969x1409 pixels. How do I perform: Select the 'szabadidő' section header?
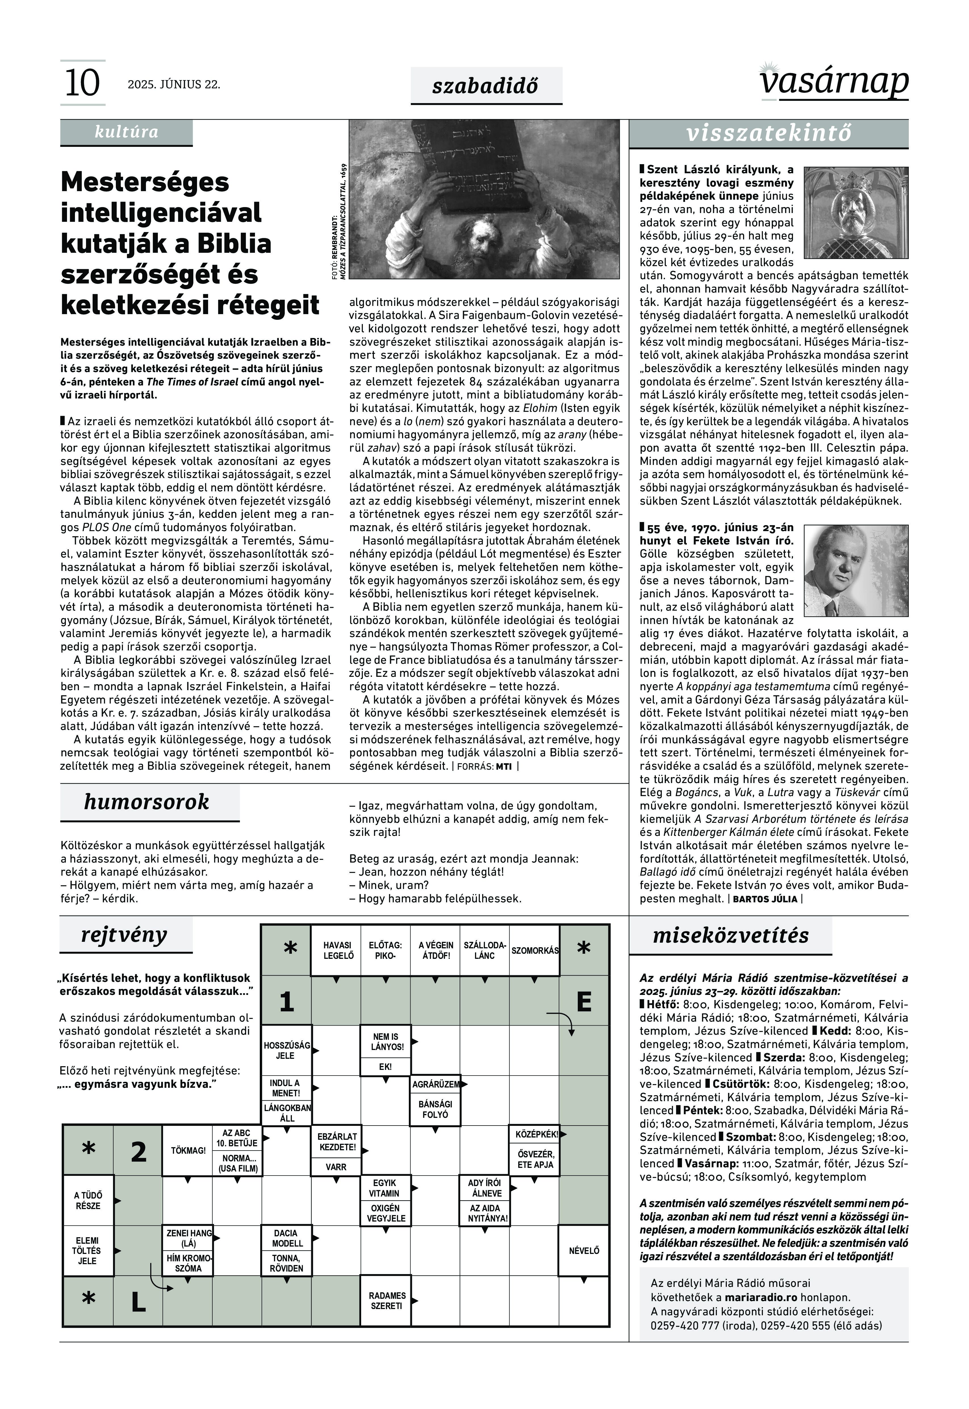coord(486,86)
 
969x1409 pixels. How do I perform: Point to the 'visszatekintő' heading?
coord(769,133)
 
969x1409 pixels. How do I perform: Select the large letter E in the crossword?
coord(583,1001)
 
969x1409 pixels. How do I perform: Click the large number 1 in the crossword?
coord(286,1001)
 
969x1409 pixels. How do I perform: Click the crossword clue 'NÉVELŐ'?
coord(583,1251)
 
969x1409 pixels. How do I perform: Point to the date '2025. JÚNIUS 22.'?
coord(174,84)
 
